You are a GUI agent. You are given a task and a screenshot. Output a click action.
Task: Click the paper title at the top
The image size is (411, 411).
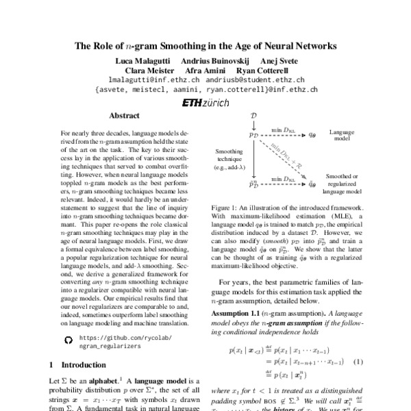click(x=206, y=47)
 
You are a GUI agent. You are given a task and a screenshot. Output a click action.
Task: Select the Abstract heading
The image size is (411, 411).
click(x=124, y=116)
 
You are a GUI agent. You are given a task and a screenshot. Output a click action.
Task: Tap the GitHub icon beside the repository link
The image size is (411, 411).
click(x=67, y=338)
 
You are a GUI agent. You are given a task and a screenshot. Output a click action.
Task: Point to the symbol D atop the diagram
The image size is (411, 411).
click(x=253, y=117)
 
